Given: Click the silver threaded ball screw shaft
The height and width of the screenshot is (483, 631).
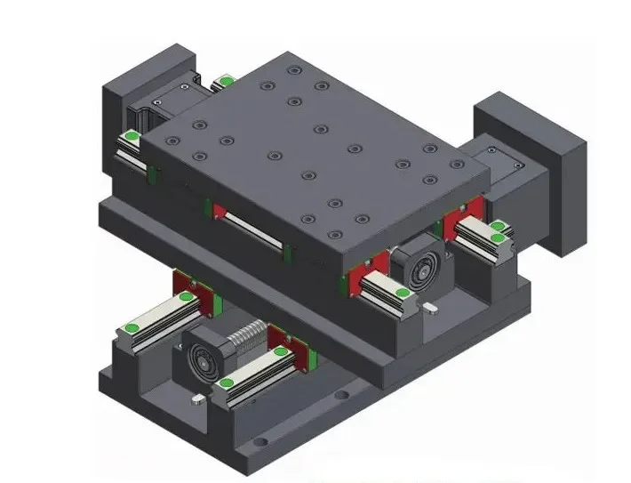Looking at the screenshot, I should coord(247,342).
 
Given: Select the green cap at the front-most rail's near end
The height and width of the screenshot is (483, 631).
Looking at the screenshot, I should coord(228,384).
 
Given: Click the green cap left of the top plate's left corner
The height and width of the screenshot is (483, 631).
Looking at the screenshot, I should coord(132,136).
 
